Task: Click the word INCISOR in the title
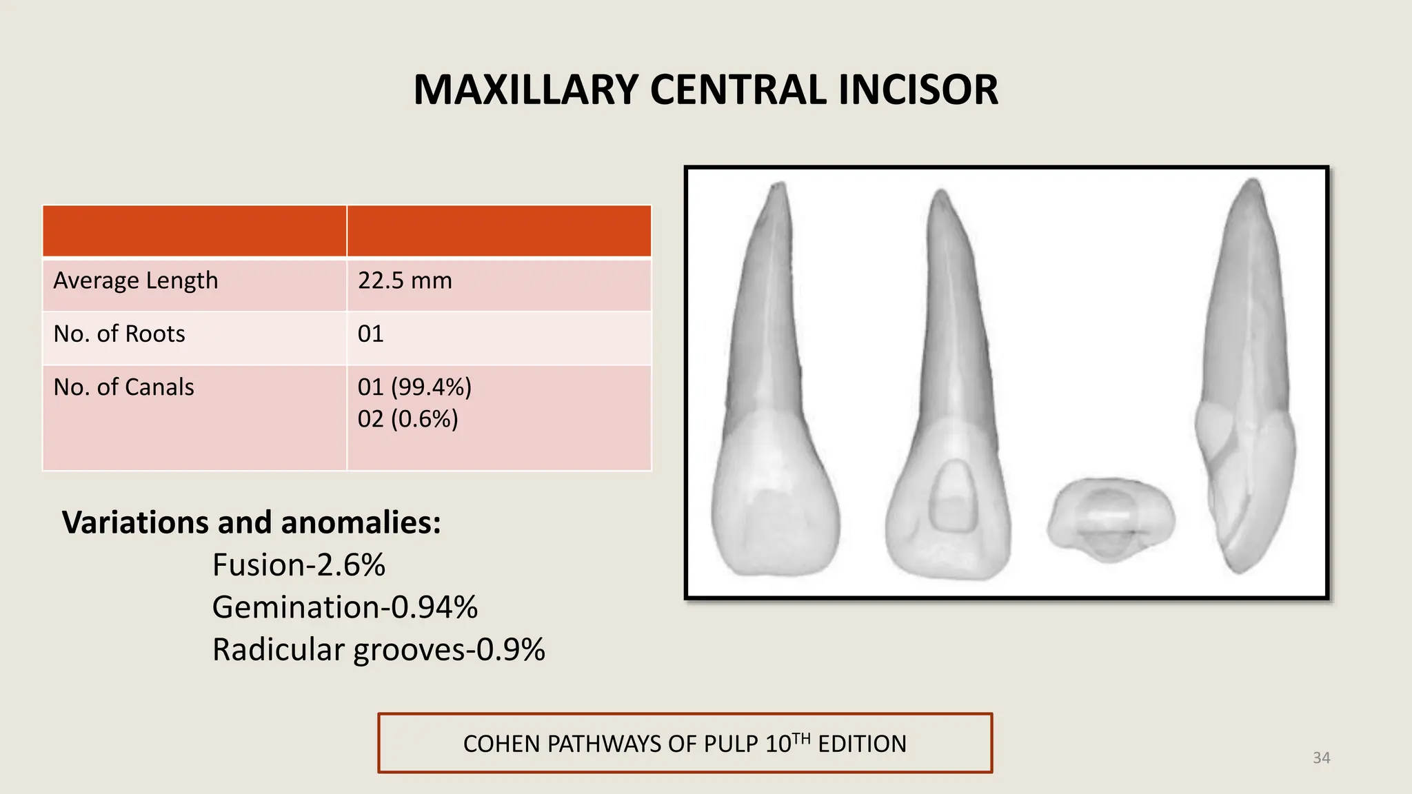point(918,90)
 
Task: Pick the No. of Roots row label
point(119,334)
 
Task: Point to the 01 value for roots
point(370,334)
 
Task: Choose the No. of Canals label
point(123,387)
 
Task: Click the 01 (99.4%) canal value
point(414,387)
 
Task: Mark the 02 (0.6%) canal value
point(407,419)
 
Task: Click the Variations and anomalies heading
point(252,522)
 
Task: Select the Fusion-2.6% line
point(299,565)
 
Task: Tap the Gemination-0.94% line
point(345,607)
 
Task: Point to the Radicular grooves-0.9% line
point(379,650)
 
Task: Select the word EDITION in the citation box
point(862,744)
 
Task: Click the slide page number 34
point(1321,758)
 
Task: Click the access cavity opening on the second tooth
point(952,496)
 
